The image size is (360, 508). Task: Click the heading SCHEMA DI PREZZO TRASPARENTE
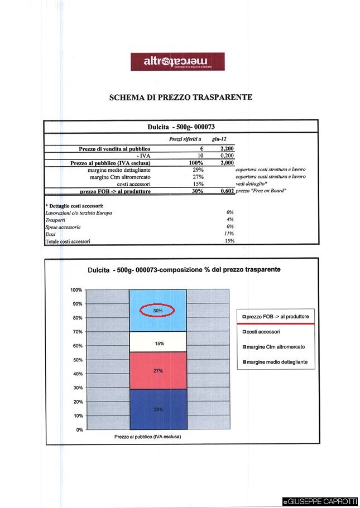(x=180, y=97)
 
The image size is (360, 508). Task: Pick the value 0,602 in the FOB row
(x=226, y=191)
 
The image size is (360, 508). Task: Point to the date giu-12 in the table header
(x=220, y=139)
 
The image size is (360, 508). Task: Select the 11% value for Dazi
(x=229, y=234)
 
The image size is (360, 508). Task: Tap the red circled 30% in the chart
(x=157, y=310)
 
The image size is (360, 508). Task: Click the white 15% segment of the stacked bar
(x=159, y=343)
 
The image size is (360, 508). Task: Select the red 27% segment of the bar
(x=158, y=370)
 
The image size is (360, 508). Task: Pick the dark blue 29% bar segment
(x=158, y=409)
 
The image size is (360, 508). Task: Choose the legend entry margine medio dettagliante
(x=277, y=362)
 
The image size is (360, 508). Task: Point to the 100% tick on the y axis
(x=76, y=290)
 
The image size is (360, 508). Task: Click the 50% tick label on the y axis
(x=77, y=360)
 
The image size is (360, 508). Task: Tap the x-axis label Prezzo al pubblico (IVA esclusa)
(x=147, y=437)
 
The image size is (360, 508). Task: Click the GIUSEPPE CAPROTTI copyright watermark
(x=320, y=502)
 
